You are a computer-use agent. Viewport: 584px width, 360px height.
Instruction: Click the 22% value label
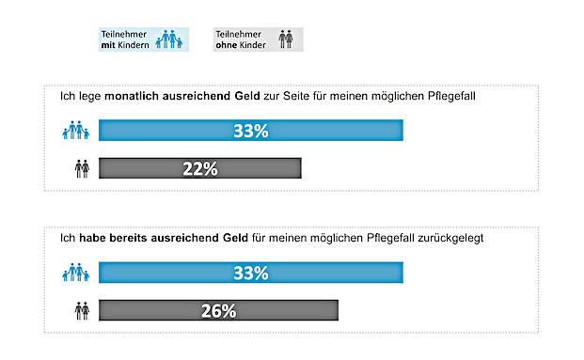[198, 169]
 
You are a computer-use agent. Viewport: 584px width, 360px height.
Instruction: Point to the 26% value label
[217, 311]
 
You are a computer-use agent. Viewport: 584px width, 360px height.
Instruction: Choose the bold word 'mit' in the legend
[110, 44]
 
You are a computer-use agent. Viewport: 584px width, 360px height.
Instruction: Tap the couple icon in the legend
[283, 39]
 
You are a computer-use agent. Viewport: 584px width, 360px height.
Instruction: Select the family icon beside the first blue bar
[76, 132]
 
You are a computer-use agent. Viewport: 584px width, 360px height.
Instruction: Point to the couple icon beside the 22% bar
[81, 169]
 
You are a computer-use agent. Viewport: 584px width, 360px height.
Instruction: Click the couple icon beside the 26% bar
[81, 311]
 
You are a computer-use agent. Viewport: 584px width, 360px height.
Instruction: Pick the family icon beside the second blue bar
[76, 274]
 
